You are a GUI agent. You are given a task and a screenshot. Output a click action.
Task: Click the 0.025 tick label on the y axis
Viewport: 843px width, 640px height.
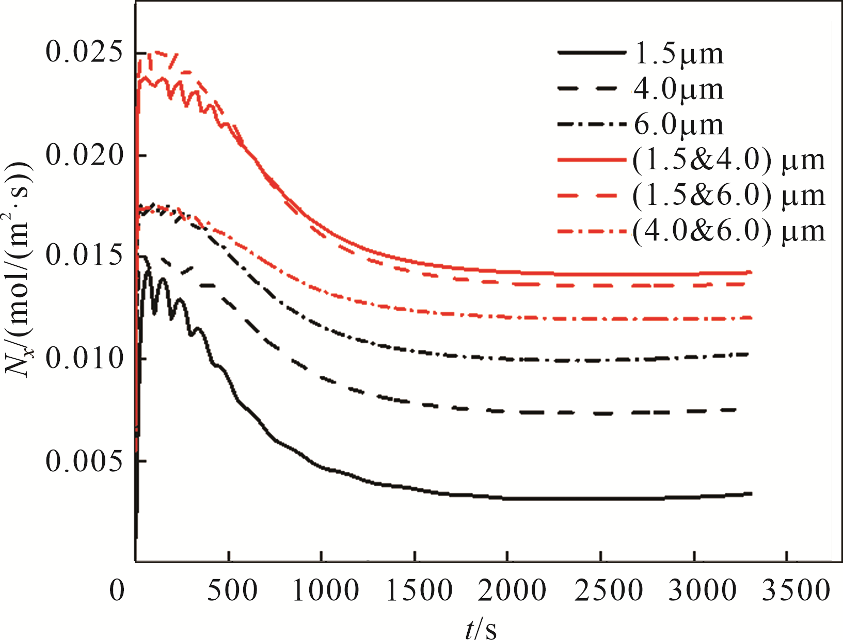[x=85, y=53]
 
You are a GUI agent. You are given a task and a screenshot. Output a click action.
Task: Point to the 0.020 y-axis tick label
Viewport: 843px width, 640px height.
[x=85, y=154]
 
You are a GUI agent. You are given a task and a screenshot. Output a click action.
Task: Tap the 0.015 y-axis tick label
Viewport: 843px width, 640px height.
[x=85, y=256]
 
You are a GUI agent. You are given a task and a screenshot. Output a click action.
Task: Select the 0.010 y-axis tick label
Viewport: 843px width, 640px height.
[x=85, y=358]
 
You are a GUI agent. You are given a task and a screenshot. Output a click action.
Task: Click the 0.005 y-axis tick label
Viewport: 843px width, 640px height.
[x=85, y=460]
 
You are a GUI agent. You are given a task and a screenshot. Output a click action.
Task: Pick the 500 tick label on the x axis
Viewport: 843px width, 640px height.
[x=232, y=589]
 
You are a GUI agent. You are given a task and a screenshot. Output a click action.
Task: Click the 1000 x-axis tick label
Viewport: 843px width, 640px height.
[x=325, y=589]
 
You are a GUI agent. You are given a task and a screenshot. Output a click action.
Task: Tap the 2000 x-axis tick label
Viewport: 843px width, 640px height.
[x=512, y=589]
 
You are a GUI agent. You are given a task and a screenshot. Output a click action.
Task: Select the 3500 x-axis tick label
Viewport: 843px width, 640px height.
[x=796, y=589]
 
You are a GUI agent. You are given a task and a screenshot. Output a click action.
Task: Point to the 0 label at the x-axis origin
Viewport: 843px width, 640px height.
[x=117, y=589]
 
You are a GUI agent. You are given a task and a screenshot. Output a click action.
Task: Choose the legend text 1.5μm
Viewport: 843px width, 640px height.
[x=678, y=54]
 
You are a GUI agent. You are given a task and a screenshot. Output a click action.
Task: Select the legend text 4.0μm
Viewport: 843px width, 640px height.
[x=678, y=89]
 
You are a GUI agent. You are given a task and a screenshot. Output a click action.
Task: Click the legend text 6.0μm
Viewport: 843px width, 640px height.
[x=678, y=124]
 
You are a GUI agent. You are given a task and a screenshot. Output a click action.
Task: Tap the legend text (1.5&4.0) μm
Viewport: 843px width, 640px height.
[x=728, y=160]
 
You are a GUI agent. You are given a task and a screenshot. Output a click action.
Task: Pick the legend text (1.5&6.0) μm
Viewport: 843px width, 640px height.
[x=728, y=195]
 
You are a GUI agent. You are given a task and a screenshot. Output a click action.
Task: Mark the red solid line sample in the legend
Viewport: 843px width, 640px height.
[x=592, y=160]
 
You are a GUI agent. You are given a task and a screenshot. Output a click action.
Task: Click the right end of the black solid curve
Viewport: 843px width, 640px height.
[x=751, y=494]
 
